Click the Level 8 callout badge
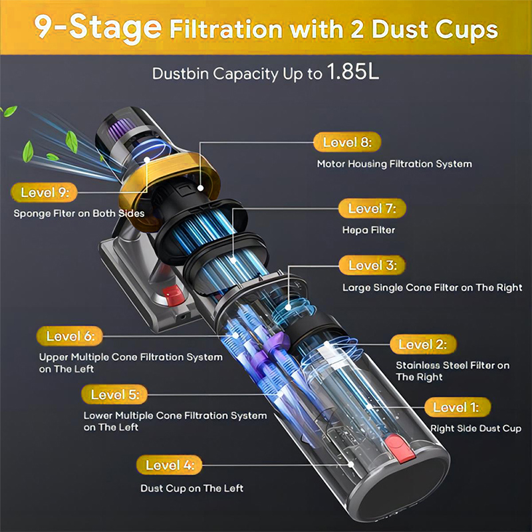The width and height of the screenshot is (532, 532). coord(347,142)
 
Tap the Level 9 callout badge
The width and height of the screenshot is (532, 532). coord(44,192)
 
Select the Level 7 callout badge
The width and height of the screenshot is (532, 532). coord(372,208)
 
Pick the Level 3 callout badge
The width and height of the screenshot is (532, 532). coord(372,265)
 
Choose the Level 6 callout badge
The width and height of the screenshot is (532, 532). coord(70,336)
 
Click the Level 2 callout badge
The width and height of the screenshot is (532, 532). coord(423,344)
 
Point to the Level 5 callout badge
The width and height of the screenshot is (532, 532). coord(114,394)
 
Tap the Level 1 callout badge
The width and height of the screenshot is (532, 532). coord(458,407)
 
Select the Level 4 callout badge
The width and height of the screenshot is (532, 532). coord(170,465)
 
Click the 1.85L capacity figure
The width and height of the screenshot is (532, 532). coord(352,72)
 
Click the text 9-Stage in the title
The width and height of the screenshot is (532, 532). coord(98,27)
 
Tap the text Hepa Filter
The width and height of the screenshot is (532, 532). coord(368,230)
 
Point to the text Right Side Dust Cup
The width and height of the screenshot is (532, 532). coord(475,428)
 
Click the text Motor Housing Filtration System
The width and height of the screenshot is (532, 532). coord(394,164)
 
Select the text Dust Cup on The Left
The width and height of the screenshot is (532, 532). coord(192,488)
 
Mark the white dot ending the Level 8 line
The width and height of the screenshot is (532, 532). coord(201,188)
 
